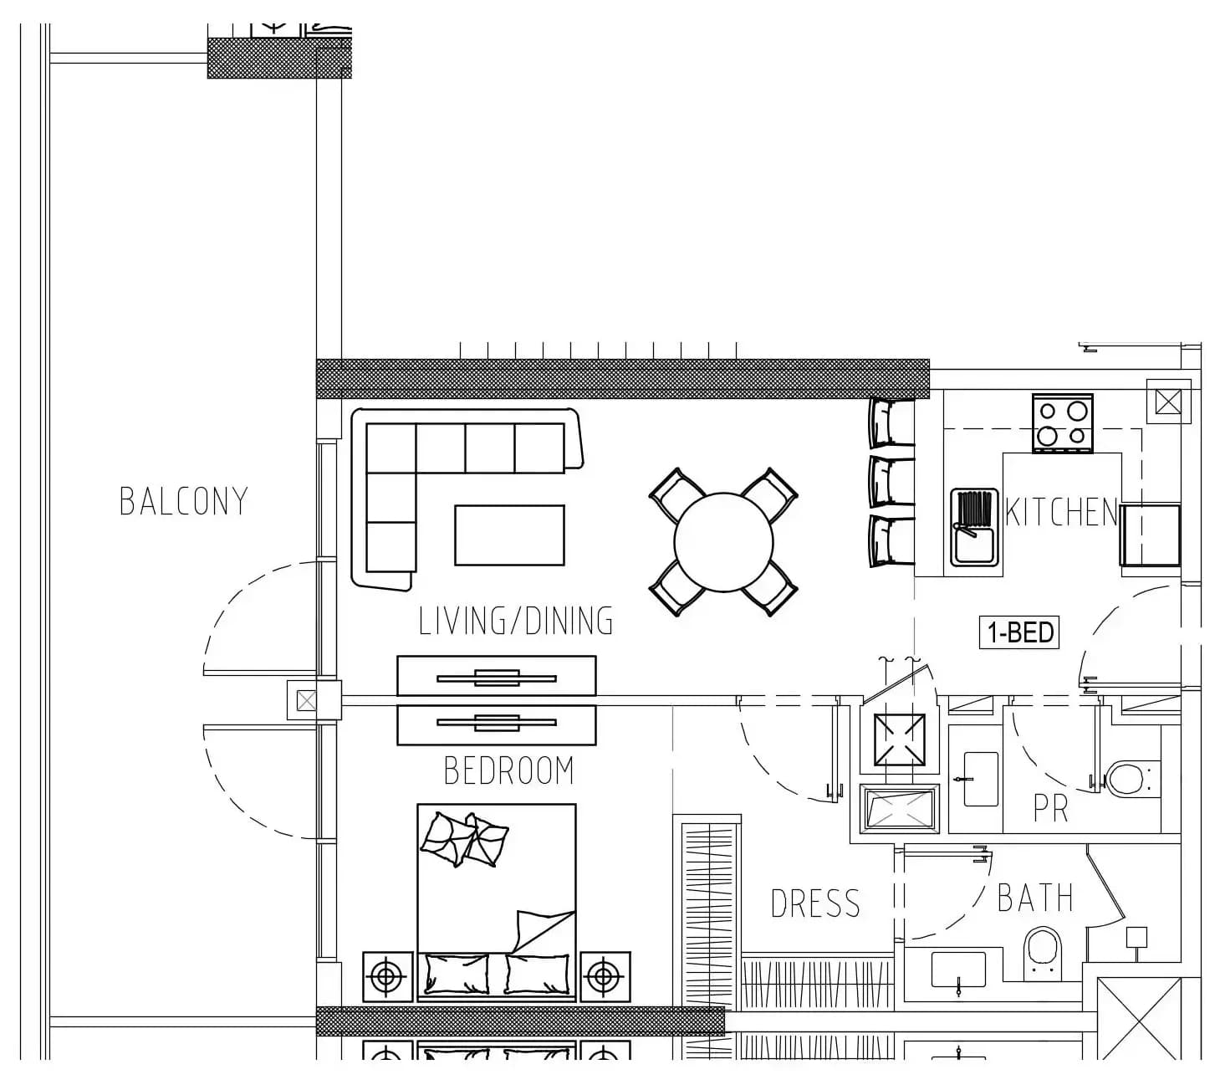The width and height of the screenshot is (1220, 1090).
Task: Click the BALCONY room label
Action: click(184, 501)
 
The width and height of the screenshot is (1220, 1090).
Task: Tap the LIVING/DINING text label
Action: click(515, 622)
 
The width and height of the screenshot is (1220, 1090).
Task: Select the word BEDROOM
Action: click(509, 770)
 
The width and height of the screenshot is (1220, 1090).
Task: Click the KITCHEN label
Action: click(1061, 512)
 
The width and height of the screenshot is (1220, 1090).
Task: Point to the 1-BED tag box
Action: click(1018, 632)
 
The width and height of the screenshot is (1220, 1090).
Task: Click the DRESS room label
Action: click(815, 903)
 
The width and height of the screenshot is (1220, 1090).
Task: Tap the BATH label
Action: click(1035, 898)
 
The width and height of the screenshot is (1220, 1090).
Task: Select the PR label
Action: click(1050, 808)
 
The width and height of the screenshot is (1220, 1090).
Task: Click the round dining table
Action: click(723, 542)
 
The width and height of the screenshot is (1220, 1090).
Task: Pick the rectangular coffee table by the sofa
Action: click(509, 535)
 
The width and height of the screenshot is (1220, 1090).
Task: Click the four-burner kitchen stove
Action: click(1062, 423)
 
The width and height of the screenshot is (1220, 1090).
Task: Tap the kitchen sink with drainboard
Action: click(974, 527)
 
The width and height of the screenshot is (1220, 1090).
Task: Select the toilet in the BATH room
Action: click(1043, 953)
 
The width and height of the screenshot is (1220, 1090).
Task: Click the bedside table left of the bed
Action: click(387, 977)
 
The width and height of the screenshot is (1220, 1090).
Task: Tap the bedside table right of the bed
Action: click(605, 977)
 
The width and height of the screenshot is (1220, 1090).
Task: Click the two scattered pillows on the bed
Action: click(464, 840)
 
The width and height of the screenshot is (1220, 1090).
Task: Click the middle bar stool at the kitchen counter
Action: click(892, 482)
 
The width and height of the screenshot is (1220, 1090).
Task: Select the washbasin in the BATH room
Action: click(958, 970)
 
